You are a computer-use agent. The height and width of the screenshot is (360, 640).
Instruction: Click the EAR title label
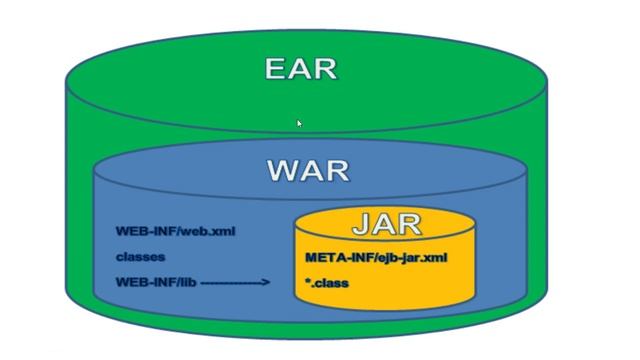coord(301,69)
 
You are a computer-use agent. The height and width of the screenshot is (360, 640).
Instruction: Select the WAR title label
coord(308,170)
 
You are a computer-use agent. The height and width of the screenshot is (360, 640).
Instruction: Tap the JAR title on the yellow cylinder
coord(386,225)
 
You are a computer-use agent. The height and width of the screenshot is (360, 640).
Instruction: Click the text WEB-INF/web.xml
coord(175,231)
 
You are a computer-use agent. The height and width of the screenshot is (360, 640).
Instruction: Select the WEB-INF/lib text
coord(155,282)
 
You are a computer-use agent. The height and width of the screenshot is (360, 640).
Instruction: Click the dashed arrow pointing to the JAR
coord(236,283)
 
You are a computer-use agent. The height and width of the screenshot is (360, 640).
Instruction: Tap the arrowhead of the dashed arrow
coord(266,283)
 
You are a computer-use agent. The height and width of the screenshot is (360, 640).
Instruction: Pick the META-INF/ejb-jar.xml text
coord(375,257)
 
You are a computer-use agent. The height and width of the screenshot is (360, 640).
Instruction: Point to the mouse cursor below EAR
coord(299,123)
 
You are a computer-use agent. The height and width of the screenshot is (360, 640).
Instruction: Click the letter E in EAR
coord(277,69)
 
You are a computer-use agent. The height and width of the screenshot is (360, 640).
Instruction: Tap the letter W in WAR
coord(282,170)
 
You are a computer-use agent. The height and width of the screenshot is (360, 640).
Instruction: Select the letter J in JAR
coord(361,225)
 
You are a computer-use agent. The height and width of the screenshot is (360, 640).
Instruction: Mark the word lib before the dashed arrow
coord(186,282)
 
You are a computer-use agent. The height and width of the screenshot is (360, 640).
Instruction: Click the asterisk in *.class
coord(309,282)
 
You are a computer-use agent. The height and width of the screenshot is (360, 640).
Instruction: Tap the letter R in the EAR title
coord(325,69)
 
